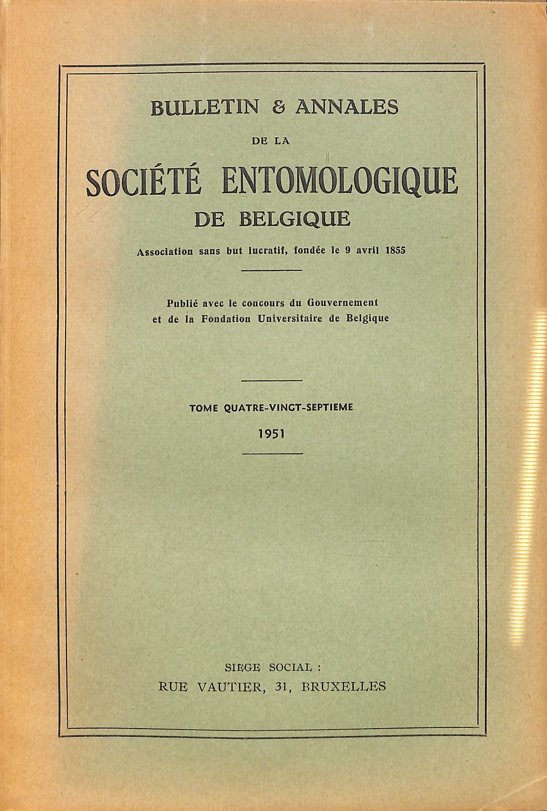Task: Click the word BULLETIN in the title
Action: [x=204, y=108]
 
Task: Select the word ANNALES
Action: [x=347, y=108]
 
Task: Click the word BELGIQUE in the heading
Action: [x=295, y=220]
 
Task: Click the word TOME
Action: [x=204, y=407]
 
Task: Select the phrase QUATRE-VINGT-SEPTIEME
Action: [x=288, y=407]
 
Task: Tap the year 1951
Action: [x=271, y=434]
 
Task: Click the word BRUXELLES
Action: [x=343, y=687]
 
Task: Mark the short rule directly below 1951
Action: [x=272, y=454]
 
